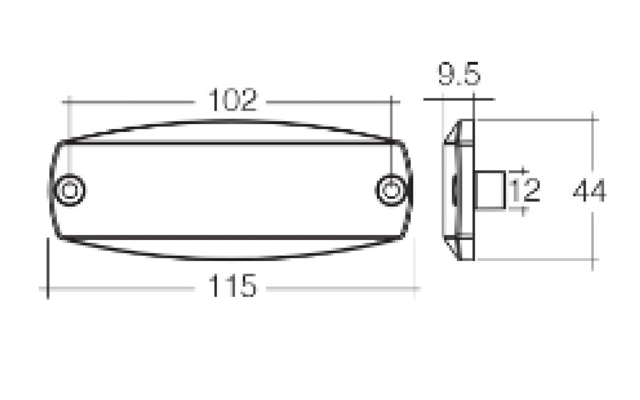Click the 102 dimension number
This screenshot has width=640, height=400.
click(233, 100)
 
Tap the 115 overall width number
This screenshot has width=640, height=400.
click(231, 286)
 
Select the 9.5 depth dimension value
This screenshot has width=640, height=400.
click(459, 76)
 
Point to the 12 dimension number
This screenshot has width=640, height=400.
click(524, 190)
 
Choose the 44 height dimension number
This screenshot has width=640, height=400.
click(589, 191)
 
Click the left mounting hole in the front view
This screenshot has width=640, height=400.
click(70, 190)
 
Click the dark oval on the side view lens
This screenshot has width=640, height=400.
click(454, 191)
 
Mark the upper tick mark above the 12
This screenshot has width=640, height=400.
click(523, 172)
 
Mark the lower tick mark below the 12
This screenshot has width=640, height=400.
click(523, 209)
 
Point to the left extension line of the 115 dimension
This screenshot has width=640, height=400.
click(47, 266)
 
